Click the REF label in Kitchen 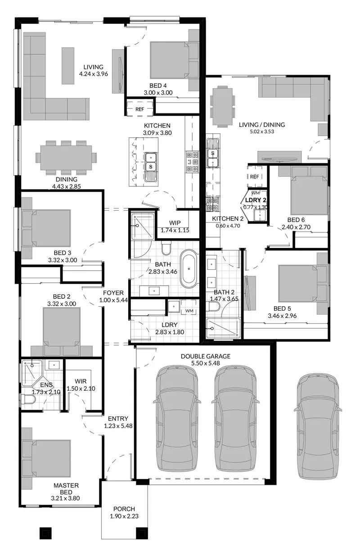click(x=140, y=109)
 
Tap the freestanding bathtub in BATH click(x=189, y=269)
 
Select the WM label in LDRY click(x=189, y=311)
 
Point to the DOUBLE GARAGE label click(x=206, y=356)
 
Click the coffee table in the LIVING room click(x=68, y=66)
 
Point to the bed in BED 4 click(x=170, y=60)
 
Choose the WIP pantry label click(x=175, y=223)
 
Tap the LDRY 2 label click(x=256, y=200)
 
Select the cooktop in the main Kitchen click(x=192, y=162)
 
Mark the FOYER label click(x=113, y=293)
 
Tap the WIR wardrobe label click(x=81, y=381)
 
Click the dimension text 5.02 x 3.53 click(x=262, y=131)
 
